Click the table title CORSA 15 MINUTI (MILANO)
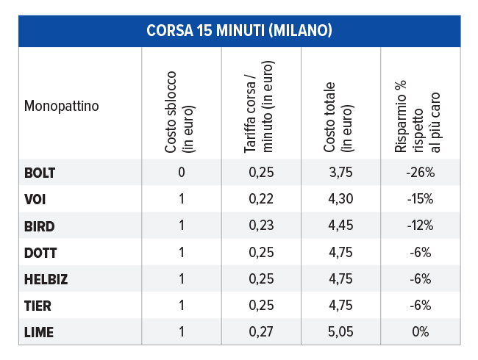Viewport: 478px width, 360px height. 239,30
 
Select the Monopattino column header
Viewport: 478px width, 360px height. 62,105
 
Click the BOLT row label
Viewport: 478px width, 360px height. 40,173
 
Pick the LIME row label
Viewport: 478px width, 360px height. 38,332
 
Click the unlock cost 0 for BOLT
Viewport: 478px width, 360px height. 181,173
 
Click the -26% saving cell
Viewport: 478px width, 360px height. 421,173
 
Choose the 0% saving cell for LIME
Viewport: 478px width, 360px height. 421,332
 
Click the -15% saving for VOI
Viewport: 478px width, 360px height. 421,199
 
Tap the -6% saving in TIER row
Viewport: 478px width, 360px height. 421,306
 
